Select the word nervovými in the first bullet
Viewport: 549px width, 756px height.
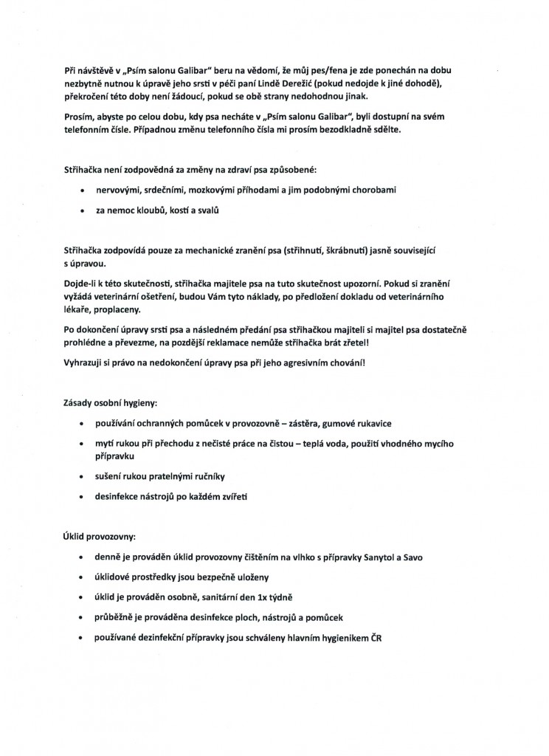coord(119,190)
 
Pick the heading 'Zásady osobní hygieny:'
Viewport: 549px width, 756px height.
coord(111,403)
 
